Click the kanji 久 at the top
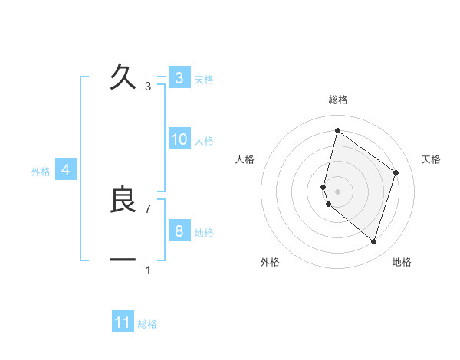(x=123, y=77)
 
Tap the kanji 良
(x=123, y=199)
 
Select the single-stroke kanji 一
(x=123, y=260)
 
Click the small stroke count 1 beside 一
(x=148, y=270)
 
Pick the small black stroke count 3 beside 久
(x=148, y=87)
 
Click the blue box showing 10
(x=179, y=139)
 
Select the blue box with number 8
(x=179, y=231)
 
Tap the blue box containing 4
(x=66, y=170)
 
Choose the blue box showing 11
(x=123, y=322)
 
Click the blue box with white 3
(x=179, y=78)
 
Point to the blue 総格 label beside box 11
(x=147, y=324)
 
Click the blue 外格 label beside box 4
(x=41, y=172)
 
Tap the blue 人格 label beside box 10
(x=204, y=141)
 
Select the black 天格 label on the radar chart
(x=432, y=159)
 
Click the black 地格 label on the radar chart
(x=402, y=262)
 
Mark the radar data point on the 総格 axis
(x=337, y=130)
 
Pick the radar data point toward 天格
(x=396, y=172)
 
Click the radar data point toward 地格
(x=373, y=241)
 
